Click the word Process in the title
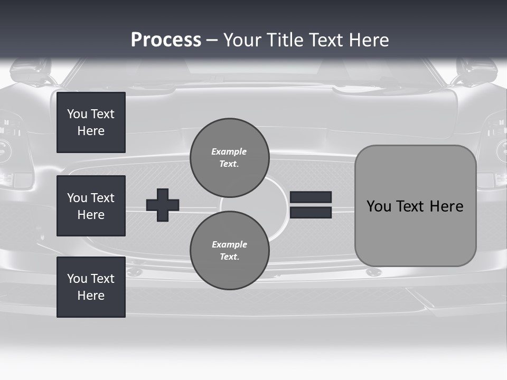[166, 40]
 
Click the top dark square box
[91, 122]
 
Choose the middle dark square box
[91, 206]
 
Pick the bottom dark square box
[91, 287]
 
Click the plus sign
[163, 205]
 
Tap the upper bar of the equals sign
[311, 197]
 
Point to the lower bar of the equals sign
[311, 212]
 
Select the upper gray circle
[229, 158]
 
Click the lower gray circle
[229, 251]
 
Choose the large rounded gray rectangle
[415, 206]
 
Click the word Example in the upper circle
[229, 151]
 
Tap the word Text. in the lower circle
[229, 257]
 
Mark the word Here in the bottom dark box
[91, 296]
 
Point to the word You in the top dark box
[77, 114]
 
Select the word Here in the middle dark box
[91, 215]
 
